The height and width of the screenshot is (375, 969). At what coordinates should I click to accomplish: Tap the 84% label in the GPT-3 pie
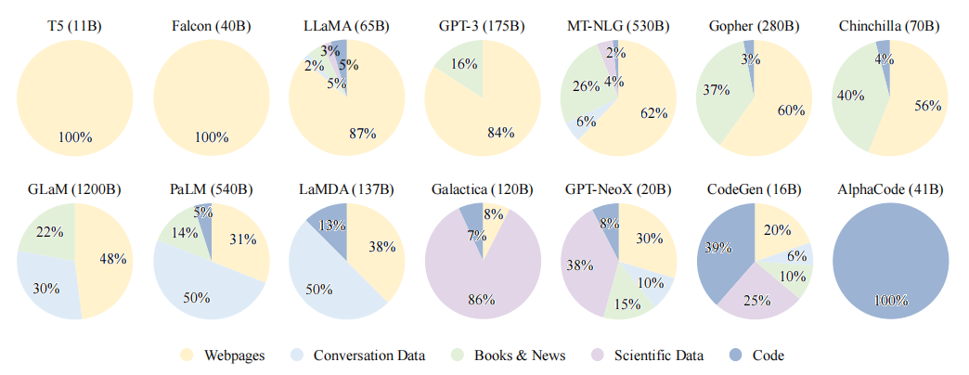(500, 133)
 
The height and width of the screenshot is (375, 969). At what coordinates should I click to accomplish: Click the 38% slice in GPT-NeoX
(585, 265)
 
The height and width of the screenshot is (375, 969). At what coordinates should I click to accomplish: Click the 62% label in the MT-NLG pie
(652, 113)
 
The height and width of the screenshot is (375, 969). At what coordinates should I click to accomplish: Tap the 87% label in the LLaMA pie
(362, 133)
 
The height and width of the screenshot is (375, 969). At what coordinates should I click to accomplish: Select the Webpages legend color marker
(186, 355)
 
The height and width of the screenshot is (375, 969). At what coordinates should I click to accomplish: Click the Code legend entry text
(769, 355)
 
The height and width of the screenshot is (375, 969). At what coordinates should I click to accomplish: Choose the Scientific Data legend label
(658, 355)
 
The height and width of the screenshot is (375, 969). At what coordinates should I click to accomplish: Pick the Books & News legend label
(519, 355)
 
